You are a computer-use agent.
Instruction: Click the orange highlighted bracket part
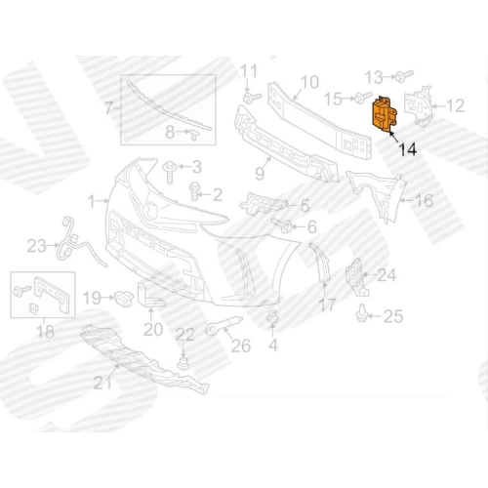[384, 114]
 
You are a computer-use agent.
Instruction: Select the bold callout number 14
[407, 149]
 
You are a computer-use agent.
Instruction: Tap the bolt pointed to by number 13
[403, 76]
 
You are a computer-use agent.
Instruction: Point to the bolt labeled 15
[363, 98]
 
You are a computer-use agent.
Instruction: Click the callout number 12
[455, 105]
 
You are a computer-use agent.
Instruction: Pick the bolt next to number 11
[252, 98]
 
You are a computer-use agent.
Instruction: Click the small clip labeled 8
[194, 134]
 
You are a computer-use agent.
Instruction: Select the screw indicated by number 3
[170, 172]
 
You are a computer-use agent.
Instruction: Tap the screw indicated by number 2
[194, 191]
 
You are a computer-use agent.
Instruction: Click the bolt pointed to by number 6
[282, 225]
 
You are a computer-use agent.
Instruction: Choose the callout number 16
[425, 200]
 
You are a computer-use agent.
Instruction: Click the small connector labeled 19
[124, 298]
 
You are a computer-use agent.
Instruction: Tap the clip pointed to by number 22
[183, 363]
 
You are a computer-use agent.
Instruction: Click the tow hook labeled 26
[224, 326]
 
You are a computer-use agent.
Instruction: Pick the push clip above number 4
[272, 317]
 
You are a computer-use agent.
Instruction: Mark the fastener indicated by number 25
[361, 313]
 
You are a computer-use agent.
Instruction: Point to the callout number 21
[102, 383]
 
